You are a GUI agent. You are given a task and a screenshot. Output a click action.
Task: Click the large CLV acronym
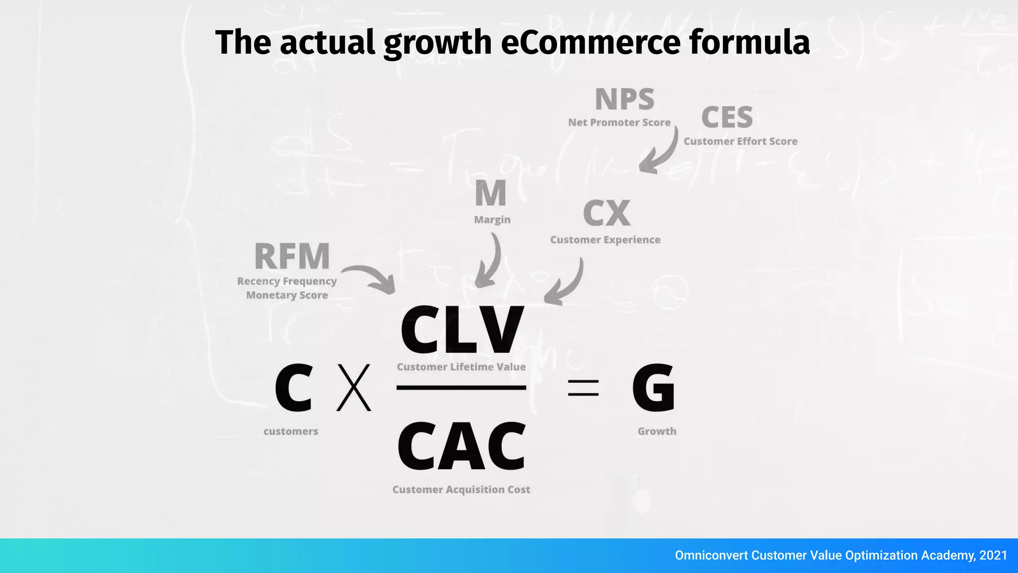462,329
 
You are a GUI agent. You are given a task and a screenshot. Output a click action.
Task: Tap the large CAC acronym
462,446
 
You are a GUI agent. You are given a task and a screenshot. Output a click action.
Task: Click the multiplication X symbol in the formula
354,387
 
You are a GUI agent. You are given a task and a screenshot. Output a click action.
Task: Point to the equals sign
583,388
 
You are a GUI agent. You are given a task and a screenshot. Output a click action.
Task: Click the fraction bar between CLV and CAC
461,387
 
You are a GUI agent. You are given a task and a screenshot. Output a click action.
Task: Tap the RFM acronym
292,256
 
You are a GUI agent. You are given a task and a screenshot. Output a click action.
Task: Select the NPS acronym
625,99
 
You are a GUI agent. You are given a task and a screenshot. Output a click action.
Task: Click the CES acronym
727,118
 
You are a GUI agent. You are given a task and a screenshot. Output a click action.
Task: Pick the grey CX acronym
606,213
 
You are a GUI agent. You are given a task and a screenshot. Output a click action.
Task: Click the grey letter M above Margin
491,193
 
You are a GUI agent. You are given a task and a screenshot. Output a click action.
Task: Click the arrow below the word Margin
489,262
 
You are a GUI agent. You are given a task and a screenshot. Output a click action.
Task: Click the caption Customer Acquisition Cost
461,489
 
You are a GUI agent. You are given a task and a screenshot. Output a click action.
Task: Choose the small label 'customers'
291,431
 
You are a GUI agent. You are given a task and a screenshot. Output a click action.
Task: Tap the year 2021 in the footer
993,556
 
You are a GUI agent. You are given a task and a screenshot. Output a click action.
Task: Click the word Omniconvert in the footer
711,556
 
